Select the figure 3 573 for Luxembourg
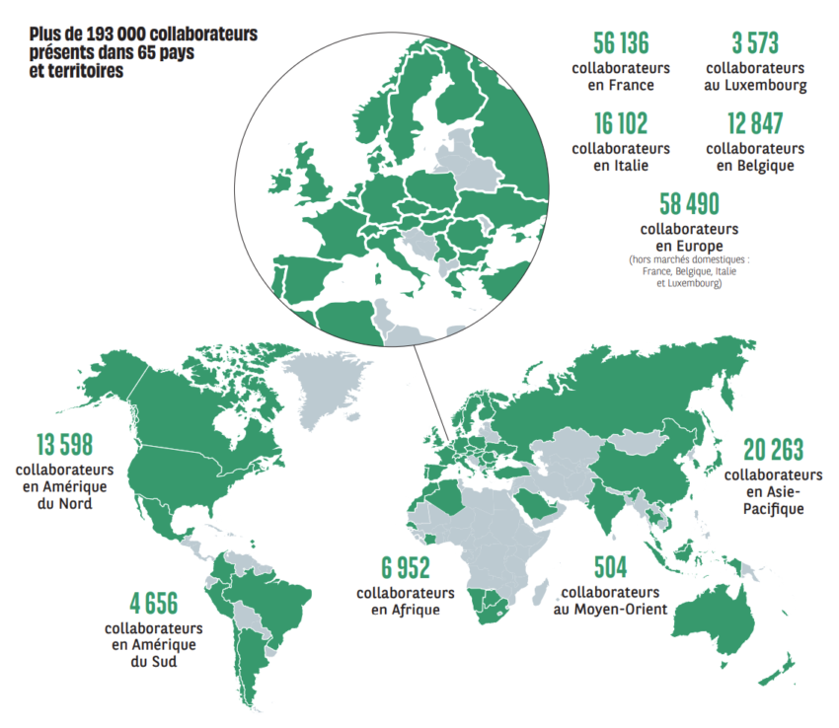(x=755, y=42)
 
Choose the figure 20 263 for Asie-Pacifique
(x=775, y=449)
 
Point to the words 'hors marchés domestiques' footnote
(x=688, y=260)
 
